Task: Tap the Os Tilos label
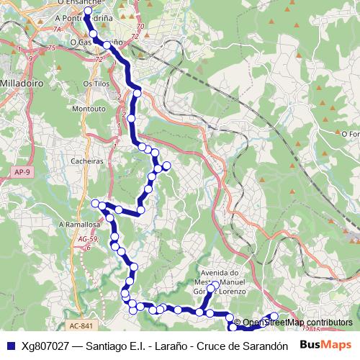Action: (96, 84)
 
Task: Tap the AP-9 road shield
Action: (22, 171)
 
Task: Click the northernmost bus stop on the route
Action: (88, 12)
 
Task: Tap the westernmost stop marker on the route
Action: (94, 204)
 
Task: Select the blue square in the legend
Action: (9, 345)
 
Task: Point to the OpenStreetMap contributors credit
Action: (297, 322)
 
